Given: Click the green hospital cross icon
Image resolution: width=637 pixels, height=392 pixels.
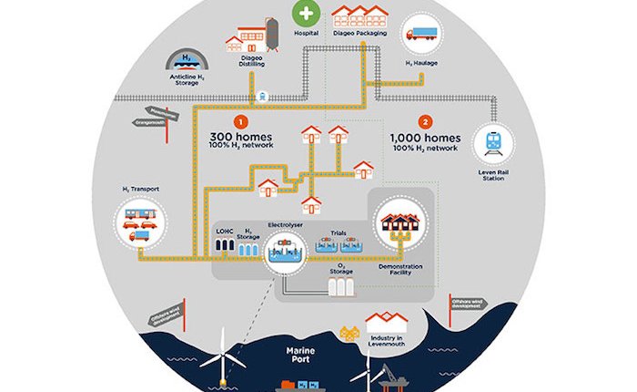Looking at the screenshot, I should tap(305, 15).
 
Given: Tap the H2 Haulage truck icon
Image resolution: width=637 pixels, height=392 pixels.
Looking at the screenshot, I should tap(420, 35).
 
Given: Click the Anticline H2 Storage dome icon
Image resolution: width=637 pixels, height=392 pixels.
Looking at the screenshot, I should tap(187, 61).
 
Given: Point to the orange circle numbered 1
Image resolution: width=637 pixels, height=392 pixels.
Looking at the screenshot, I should tap(240, 120).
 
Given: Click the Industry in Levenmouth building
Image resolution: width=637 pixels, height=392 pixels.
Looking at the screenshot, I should tap(387, 324).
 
